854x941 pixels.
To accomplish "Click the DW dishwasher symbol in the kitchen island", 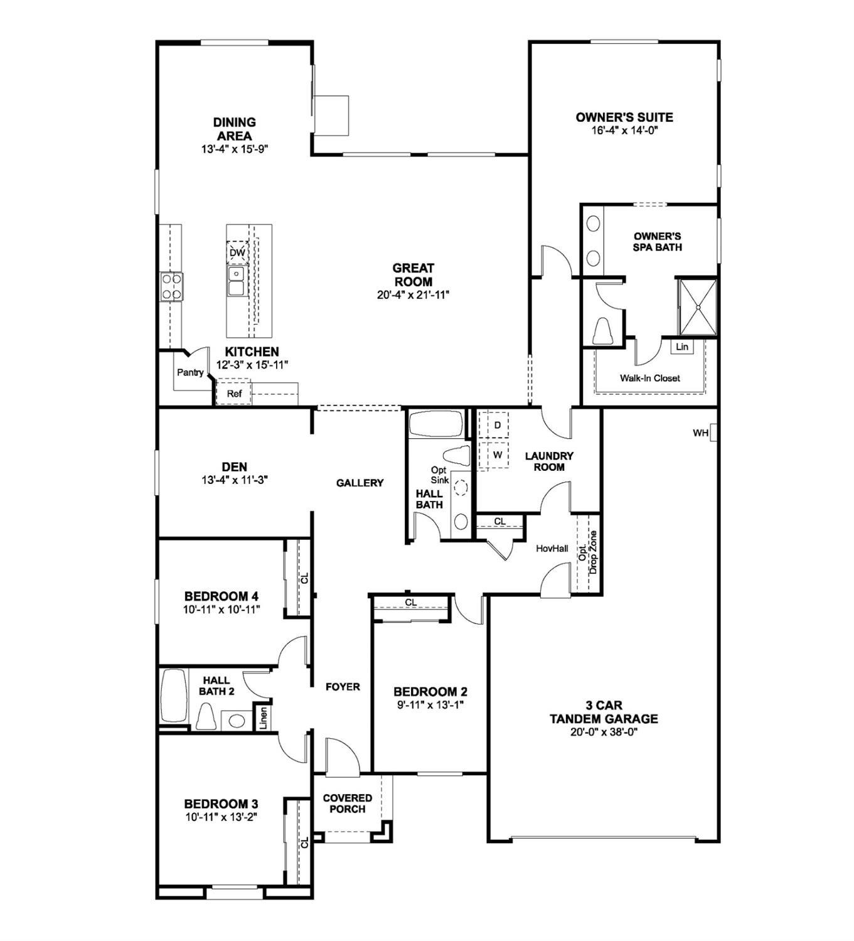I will click(237, 252).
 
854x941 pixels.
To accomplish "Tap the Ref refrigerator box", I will click(234, 394).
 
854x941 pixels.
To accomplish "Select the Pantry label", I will click(189, 372).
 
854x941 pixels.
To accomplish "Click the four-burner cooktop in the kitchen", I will click(171, 287).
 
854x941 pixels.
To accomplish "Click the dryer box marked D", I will click(497, 425).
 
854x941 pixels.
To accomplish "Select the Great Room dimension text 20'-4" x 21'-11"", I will click(414, 294).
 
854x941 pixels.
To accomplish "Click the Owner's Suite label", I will click(624, 117).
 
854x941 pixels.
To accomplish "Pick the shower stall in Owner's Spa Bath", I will click(698, 306).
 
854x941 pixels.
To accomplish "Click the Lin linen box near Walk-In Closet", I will click(682, 347).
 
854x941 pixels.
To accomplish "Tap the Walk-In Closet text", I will click(649, 378).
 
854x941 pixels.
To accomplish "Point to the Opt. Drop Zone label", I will click(588, 552).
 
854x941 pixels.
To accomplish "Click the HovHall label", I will click(552, 548).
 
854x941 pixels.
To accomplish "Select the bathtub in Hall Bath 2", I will click(173, 697).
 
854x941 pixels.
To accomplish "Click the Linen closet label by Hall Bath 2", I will click(263, 717).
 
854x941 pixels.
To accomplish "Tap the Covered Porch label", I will click(347, 803).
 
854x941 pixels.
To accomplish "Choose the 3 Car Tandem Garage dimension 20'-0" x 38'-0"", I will click(604, 732).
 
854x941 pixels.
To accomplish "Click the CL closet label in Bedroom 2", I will click(410, 603).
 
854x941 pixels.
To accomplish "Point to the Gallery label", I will click(360, 483).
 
